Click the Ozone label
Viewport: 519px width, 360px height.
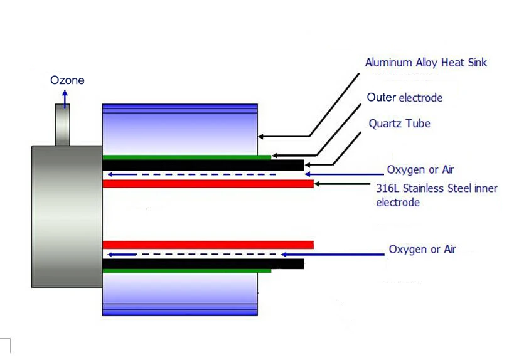click(67, 80)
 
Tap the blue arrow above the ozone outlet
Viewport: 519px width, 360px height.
click(64, 97)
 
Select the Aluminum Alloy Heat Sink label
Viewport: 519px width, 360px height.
click(425, 62)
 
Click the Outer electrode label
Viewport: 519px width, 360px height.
click(404, 98)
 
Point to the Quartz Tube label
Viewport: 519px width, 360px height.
click(399, 124)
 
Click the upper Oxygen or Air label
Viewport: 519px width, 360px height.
click(420, 169)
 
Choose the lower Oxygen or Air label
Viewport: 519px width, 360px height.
click(422, 249)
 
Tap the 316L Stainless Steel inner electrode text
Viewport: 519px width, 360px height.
click(436, 195)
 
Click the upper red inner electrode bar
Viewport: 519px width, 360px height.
click(207, 184)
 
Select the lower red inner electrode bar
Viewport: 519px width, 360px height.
click(207, 245)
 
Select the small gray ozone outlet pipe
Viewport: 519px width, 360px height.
click(63, 125)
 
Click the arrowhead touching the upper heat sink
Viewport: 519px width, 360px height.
click(262, 136)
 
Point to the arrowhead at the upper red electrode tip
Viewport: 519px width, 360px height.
click(317, 184)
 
